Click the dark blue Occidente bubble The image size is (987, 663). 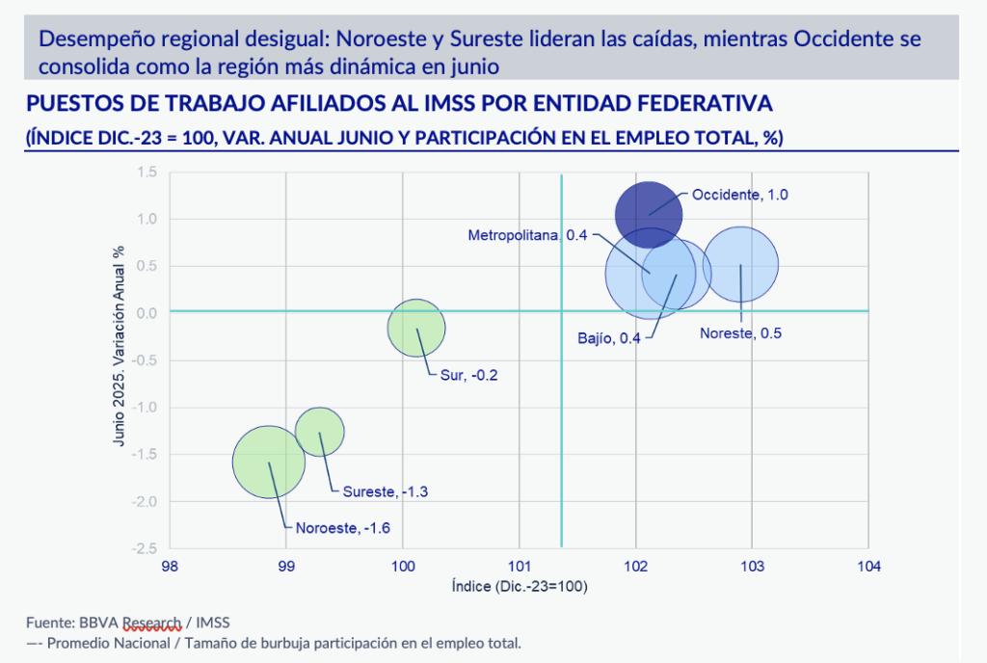pos(648,213)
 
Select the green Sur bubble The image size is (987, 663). pos(416,328)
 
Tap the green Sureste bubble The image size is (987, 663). pos(319,431)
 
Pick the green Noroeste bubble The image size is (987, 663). pos(269,461)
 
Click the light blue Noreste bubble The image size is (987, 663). pos(740,264)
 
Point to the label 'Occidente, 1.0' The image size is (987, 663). pos(740,195)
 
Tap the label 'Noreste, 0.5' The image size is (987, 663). pos(740,334)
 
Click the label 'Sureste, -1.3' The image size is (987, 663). pos(386,491)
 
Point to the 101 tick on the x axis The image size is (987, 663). pos(520,567)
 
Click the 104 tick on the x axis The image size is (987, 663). pos(868,567)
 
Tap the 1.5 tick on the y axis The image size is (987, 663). pos(147,172)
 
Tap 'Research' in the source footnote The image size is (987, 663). pos(153,622)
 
